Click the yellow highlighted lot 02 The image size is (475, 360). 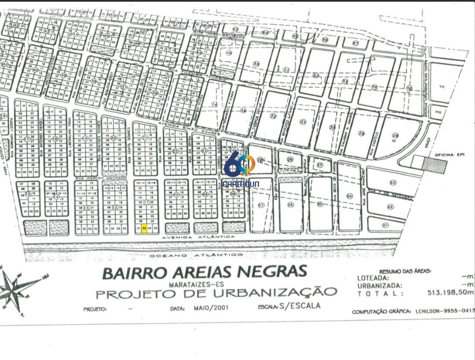[144, 228]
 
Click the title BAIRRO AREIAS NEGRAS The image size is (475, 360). [205, 272]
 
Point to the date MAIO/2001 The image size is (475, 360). [209, 308]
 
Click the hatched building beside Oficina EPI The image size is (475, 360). [435, 164]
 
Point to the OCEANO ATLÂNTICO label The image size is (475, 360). [196, 255]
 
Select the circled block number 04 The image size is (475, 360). [350, 196]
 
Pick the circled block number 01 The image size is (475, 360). [386, 225]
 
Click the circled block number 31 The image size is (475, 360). [302, 122]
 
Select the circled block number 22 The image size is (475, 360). [175, 151]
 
